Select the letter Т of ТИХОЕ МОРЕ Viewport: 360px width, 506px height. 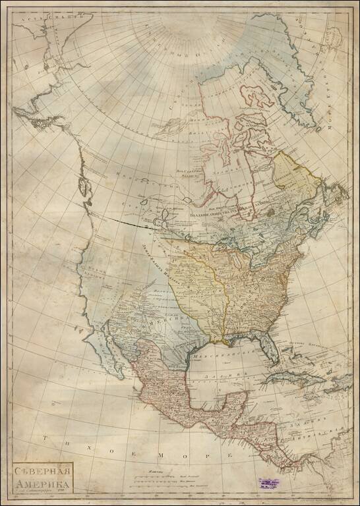tap(44, 437)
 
